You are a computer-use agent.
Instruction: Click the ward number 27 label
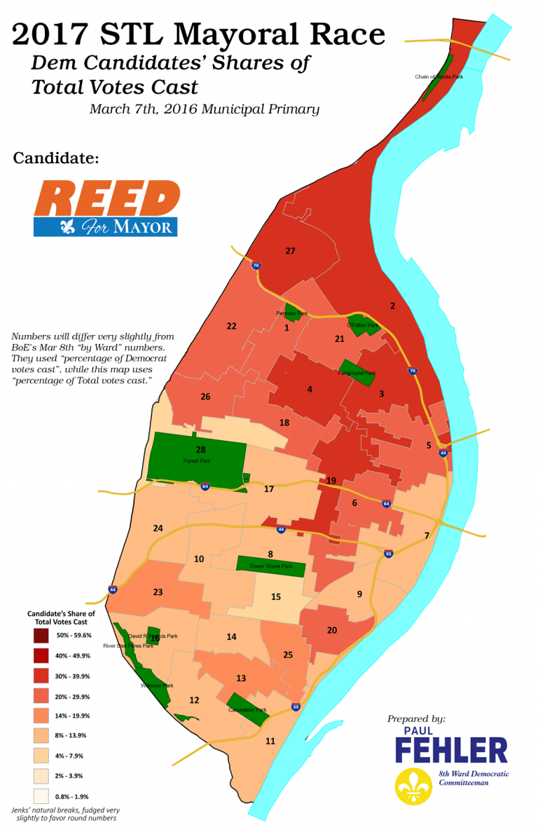coord(290,250)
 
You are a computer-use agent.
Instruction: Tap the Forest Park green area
coord(196,459)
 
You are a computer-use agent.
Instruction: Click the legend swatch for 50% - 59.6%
coord(41,636)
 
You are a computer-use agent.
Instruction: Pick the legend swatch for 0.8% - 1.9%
coord(41,796)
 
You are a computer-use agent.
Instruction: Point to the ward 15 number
coord(276,596)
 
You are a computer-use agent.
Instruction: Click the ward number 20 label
coord(332,630)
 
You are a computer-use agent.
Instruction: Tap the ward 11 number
coord(270,740)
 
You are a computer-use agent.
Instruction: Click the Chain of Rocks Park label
coord(439,76)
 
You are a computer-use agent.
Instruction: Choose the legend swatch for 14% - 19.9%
coord(41,716)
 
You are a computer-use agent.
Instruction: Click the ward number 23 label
coord(158,592)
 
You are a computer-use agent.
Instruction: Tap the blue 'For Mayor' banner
coord(105,226)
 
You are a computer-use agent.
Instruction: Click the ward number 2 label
coord(393,306)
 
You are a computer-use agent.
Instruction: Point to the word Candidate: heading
coord(55,158)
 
